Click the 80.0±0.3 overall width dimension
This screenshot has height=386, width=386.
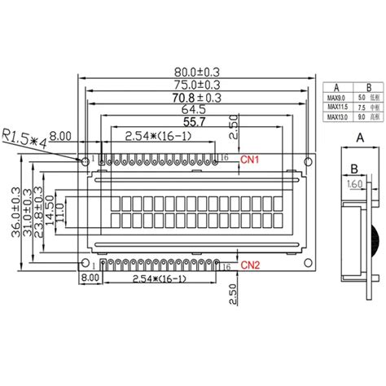[195, 71]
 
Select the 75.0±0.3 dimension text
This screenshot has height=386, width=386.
[195, 85]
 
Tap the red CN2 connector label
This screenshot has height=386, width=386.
[251, 265]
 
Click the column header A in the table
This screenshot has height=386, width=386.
[335, 86]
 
